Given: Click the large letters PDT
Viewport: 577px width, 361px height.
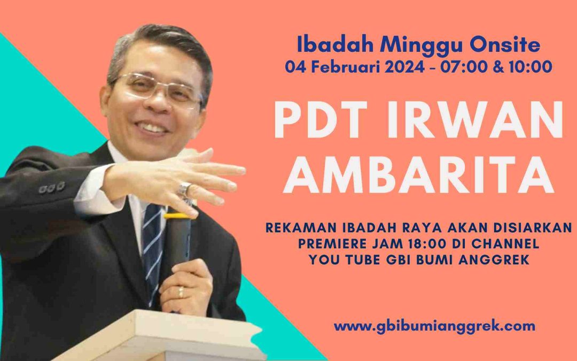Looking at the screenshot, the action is point(321,119).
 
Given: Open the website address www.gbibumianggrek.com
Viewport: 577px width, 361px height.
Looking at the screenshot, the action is point(434,326).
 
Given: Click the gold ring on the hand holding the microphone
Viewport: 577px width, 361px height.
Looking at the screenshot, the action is point(181,292).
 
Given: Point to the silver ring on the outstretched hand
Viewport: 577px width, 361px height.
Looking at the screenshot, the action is point(184,189).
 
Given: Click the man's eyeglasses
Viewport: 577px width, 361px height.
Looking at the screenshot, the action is point(158,89).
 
